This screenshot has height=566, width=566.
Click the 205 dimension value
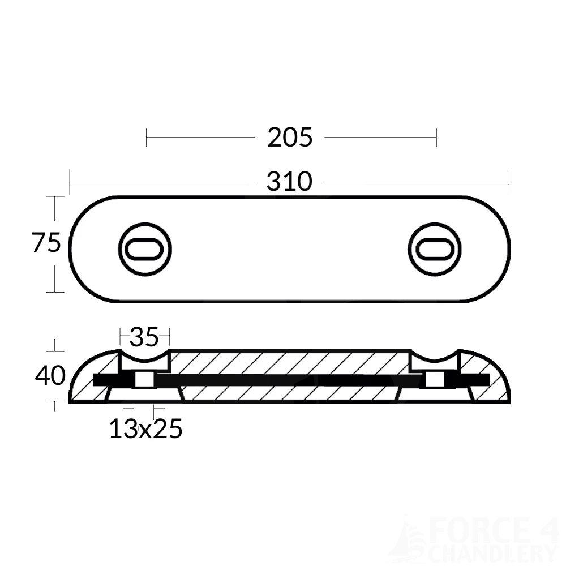click(290, 138)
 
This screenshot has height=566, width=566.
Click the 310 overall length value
click(290, 182)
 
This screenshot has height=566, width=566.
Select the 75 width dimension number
click(46, 243)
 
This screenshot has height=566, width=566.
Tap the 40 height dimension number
click(50, 376)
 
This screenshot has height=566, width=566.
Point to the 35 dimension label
click(144, 337)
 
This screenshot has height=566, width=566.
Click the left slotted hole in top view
click(145, 249)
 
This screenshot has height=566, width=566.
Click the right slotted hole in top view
click(435, 249)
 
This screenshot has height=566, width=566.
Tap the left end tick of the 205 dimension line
click(147, 138)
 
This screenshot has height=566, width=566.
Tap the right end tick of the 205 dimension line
click(436, 138)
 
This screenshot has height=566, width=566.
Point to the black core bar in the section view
click(289, 380)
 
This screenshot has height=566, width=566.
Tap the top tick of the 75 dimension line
click(54, 196)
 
